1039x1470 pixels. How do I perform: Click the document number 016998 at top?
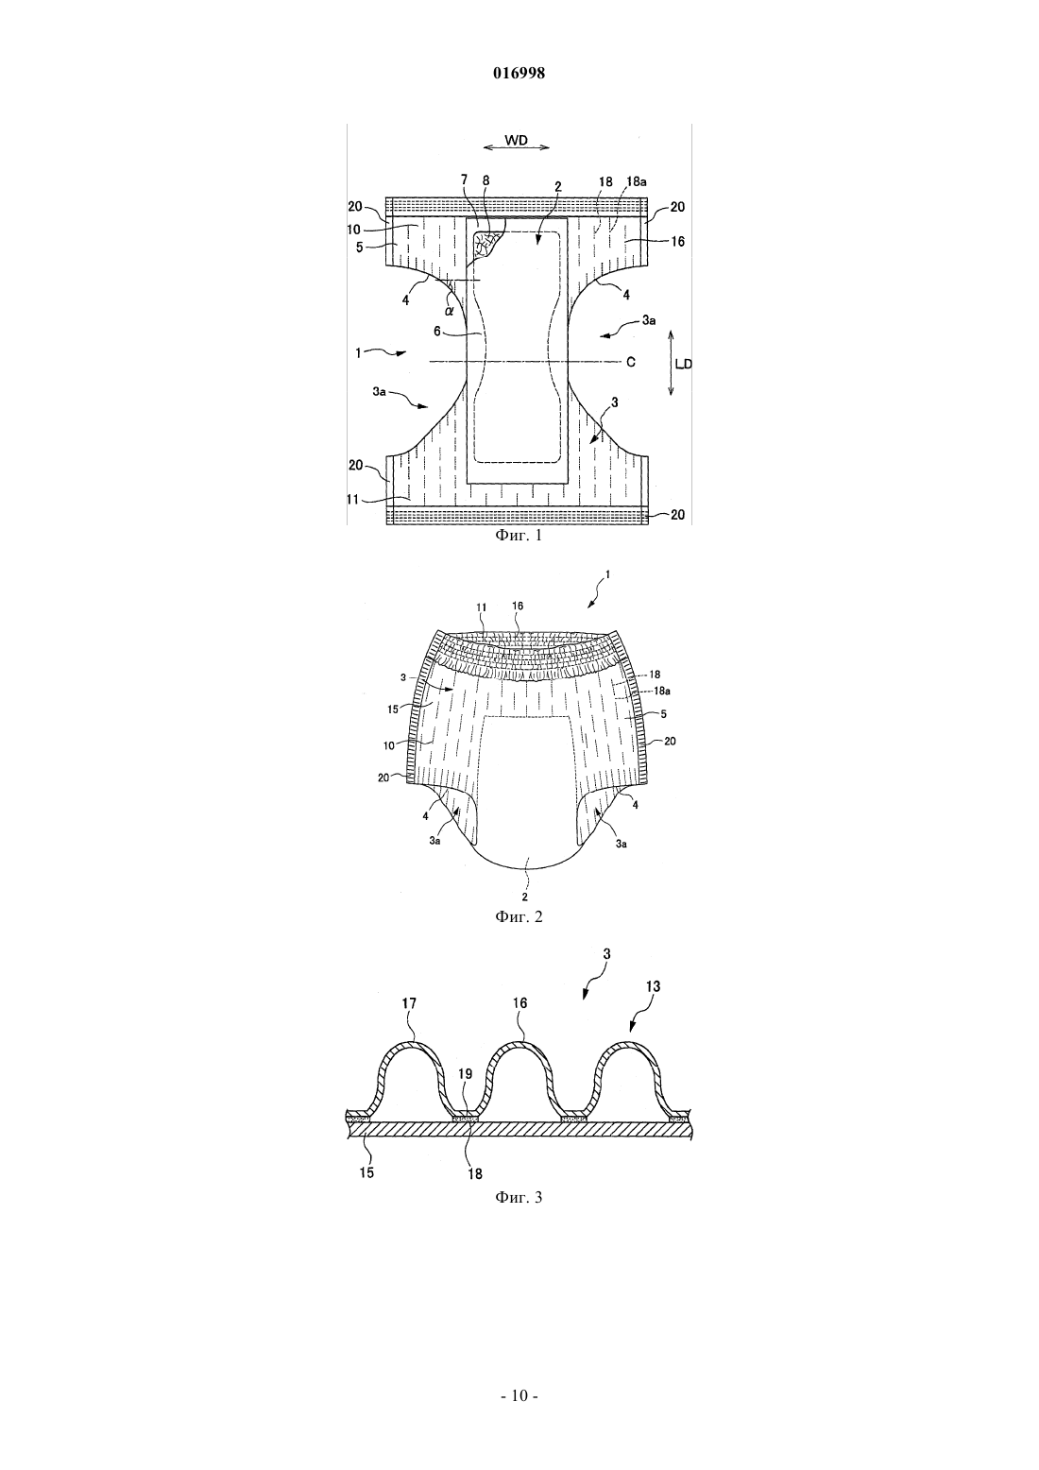519,74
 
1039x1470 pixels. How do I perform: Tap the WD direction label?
517,140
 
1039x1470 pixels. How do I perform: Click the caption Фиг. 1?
519,536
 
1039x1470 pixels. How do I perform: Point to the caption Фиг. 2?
519,916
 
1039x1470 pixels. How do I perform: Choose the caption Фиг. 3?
519,1197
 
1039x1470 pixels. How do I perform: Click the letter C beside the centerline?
630,362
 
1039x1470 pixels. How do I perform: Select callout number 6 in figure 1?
437,332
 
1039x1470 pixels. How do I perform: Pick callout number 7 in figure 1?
465,179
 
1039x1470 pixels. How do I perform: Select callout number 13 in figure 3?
653,986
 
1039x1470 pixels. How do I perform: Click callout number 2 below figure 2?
524,897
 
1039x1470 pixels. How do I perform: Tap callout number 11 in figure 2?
482,607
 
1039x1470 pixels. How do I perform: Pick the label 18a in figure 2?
662,691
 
